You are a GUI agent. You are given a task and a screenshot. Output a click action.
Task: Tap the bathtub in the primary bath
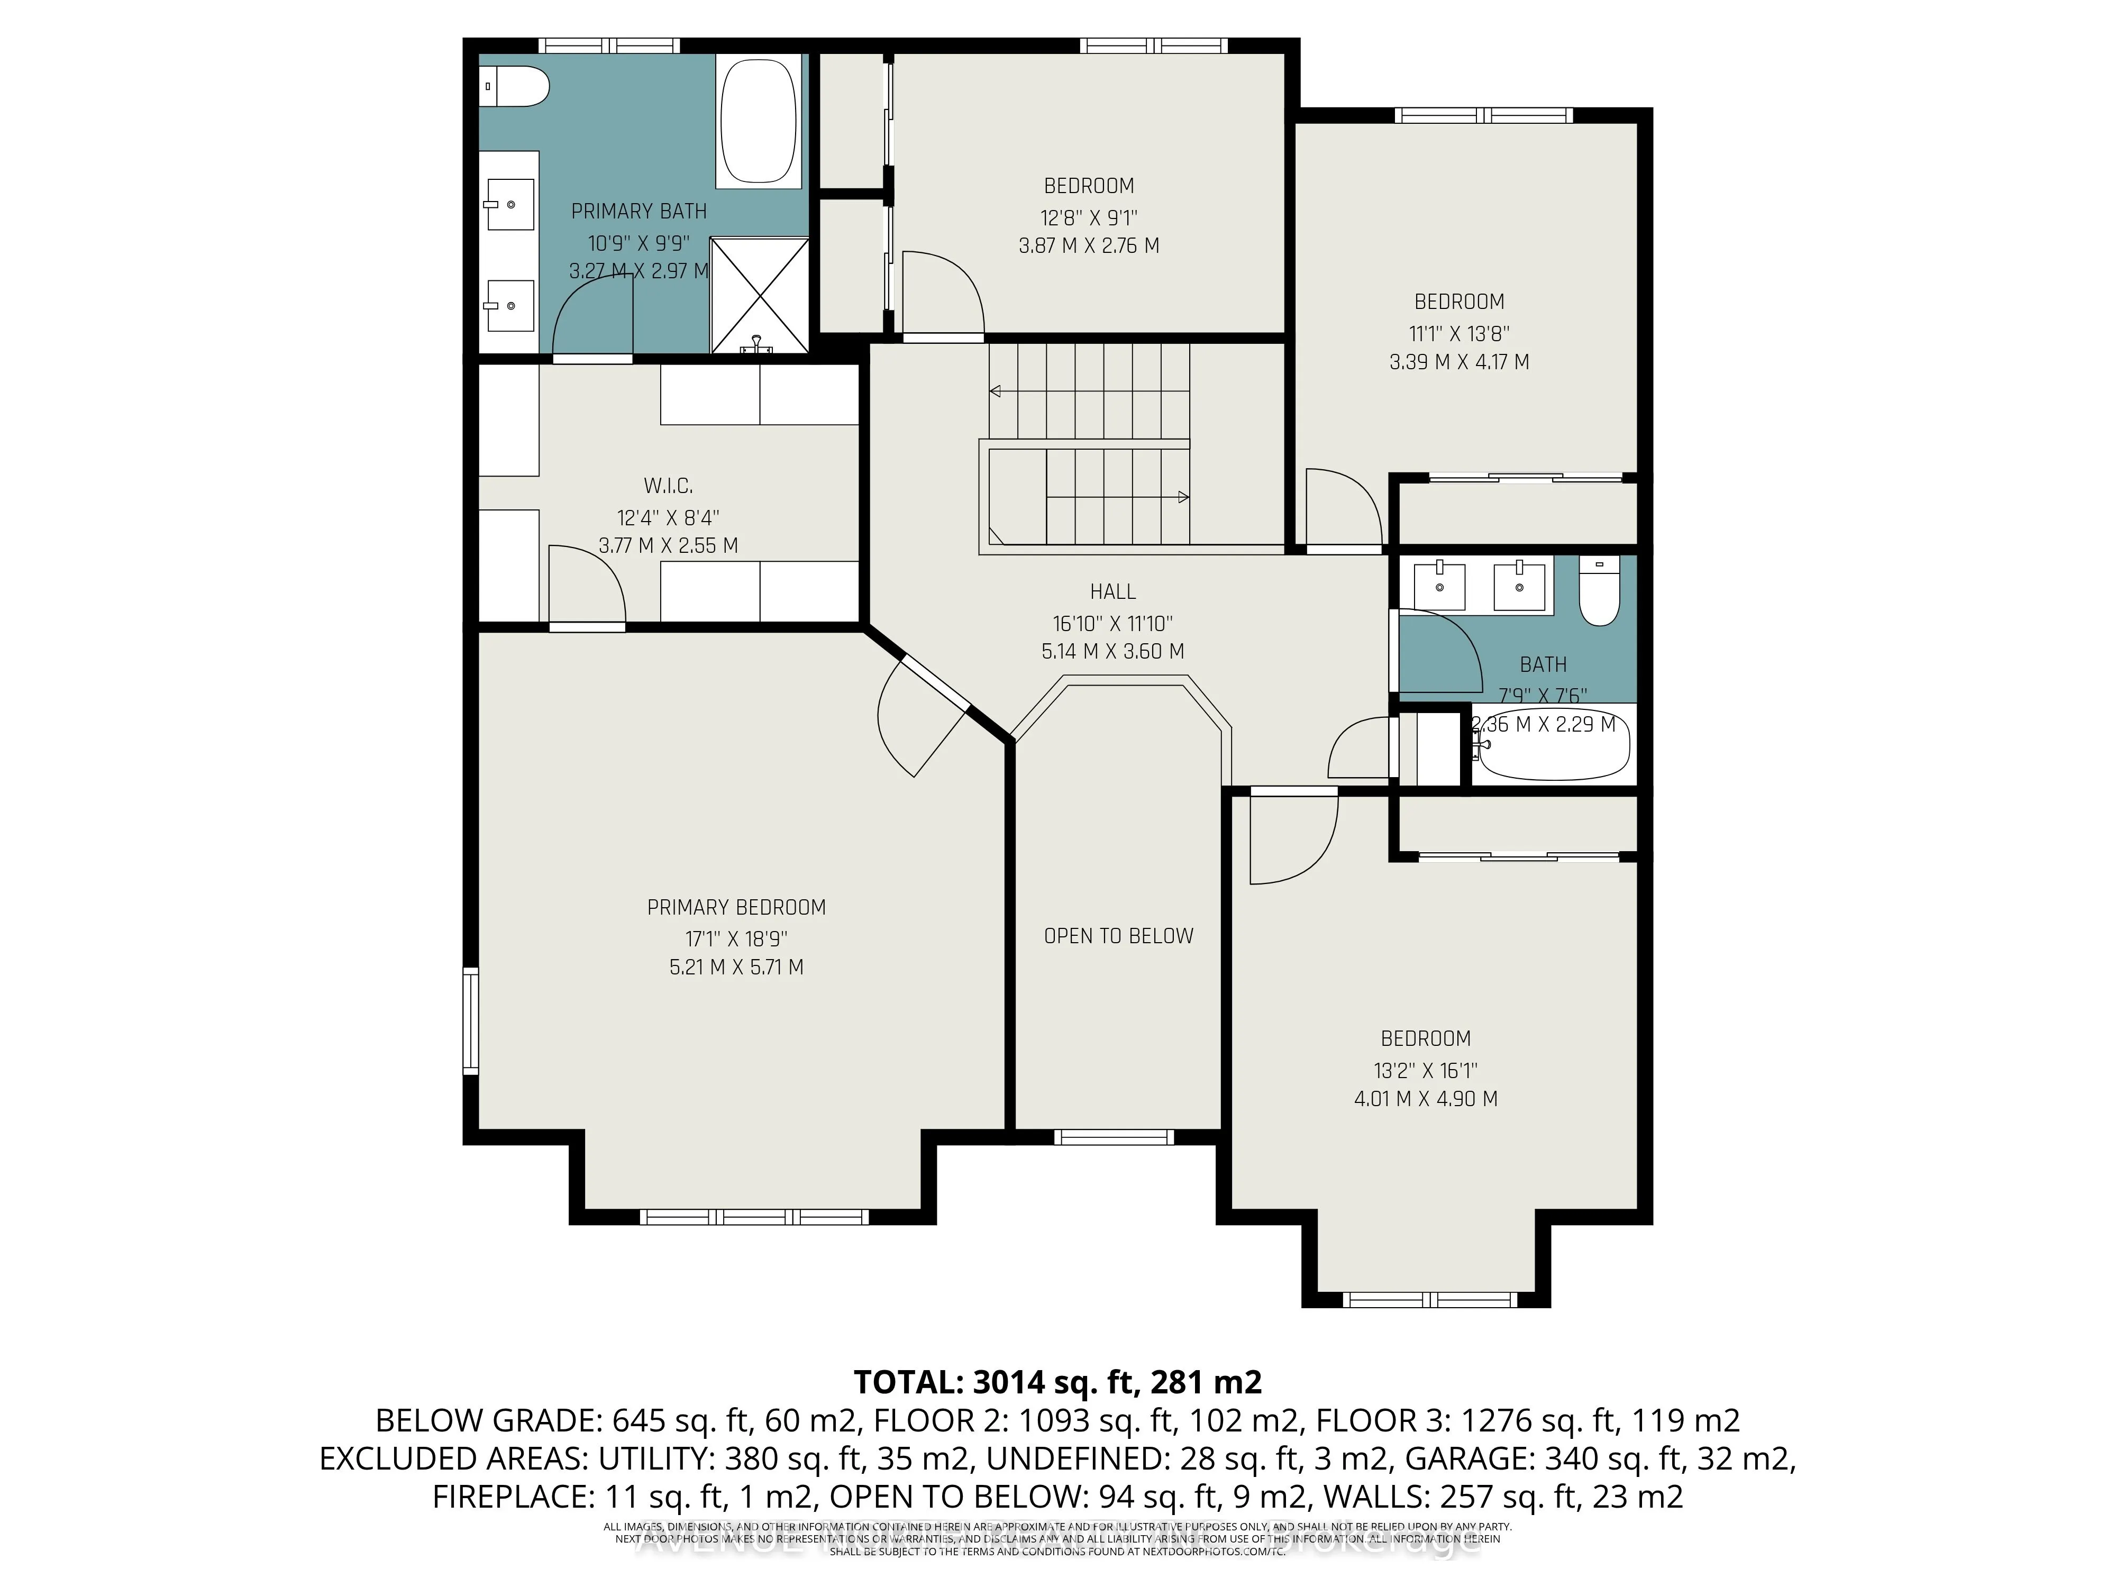(759, 122)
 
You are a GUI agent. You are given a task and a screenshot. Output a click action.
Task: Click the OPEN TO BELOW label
(1118, 936)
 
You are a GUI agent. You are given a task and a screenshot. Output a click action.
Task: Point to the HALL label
(1112, 592)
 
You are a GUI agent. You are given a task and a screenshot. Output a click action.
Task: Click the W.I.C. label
(668, 486)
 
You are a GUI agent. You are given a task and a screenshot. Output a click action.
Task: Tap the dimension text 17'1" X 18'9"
(736, 938)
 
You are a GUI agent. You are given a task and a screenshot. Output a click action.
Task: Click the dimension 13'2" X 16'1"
(1425, 1071)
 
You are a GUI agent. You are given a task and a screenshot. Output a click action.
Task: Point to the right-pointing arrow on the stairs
(1182, 497)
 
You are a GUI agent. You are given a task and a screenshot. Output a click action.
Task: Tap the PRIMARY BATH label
(639, 212)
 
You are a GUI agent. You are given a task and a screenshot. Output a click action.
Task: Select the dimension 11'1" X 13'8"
(1459, 334)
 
